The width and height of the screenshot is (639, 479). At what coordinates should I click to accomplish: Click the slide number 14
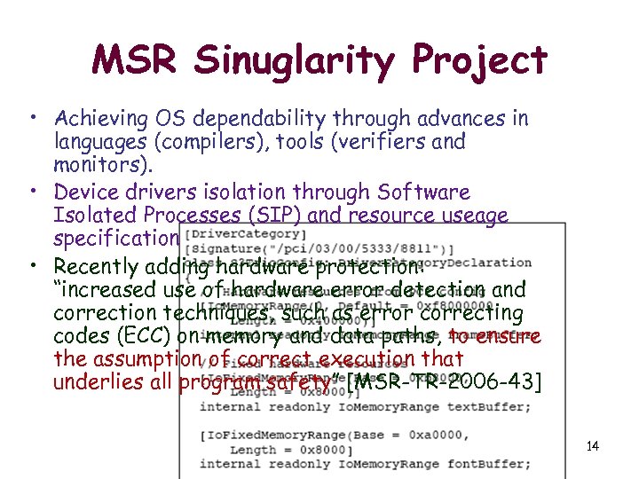(592, 445)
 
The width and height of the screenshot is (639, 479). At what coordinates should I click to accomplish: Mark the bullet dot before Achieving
(31, 118)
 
